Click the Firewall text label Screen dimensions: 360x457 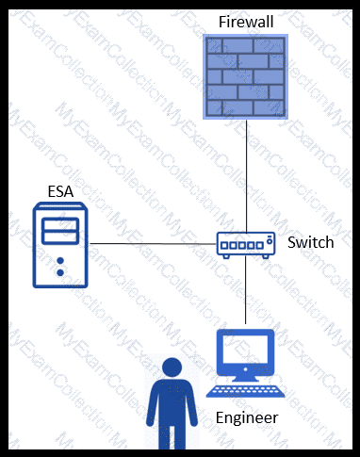(x=246, y=22)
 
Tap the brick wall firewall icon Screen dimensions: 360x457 (x=245, y=76)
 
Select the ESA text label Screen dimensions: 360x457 (x=60, y=191)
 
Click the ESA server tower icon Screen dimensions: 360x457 (x=60, y=245)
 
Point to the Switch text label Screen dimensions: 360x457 (x=311, y=242)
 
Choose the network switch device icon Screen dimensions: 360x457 (x=246, y=245)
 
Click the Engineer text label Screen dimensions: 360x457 (x=247, y=417)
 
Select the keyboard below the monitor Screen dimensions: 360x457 (x=245, y=392)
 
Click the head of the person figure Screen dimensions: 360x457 (x=172, y=367)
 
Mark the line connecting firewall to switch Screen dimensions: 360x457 (x=246, y=176)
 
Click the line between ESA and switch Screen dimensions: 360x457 (x=153, y=244)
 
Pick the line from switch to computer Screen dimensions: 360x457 (x=245, y=290)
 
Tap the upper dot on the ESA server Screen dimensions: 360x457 (x=60, y=261)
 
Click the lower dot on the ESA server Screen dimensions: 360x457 (x=60, y=272)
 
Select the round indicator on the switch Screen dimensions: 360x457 (x=270, y=241)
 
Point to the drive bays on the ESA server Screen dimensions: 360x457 (x=60, y=231)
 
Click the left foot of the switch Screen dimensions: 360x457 (x=226, y=256)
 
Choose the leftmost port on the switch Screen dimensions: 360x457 (x=224, y=245)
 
